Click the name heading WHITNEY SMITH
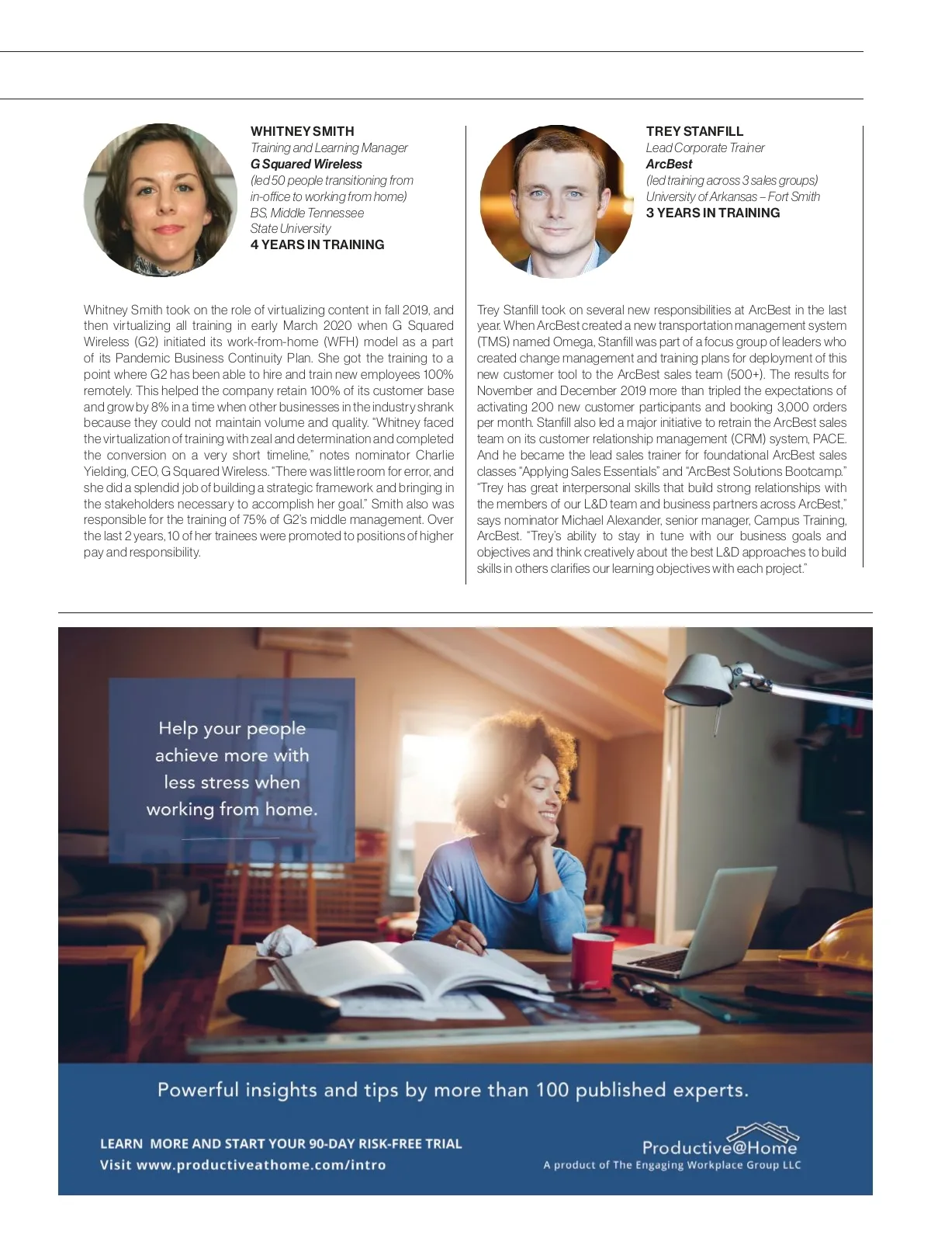tap(302, 131)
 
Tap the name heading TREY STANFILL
tap(694, 131)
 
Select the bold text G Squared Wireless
tap(306, 164)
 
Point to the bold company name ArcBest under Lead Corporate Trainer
tap(669, 164)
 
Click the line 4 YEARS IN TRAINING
tap(317, 245)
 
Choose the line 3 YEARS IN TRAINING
tap(712, 213)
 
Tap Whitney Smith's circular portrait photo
tap(161, 199)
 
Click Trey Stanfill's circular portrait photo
tap(556, 201)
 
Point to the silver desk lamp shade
tap(698, 678)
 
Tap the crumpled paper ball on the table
tap(283, 941)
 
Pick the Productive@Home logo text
tap(719, 1146)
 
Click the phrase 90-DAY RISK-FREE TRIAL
tap(385, 1143)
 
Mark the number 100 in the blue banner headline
tap(552, 1090)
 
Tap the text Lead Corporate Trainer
tap(704, 147)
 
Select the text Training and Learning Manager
tap(328, 147)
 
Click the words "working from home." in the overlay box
tap(232, 809)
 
